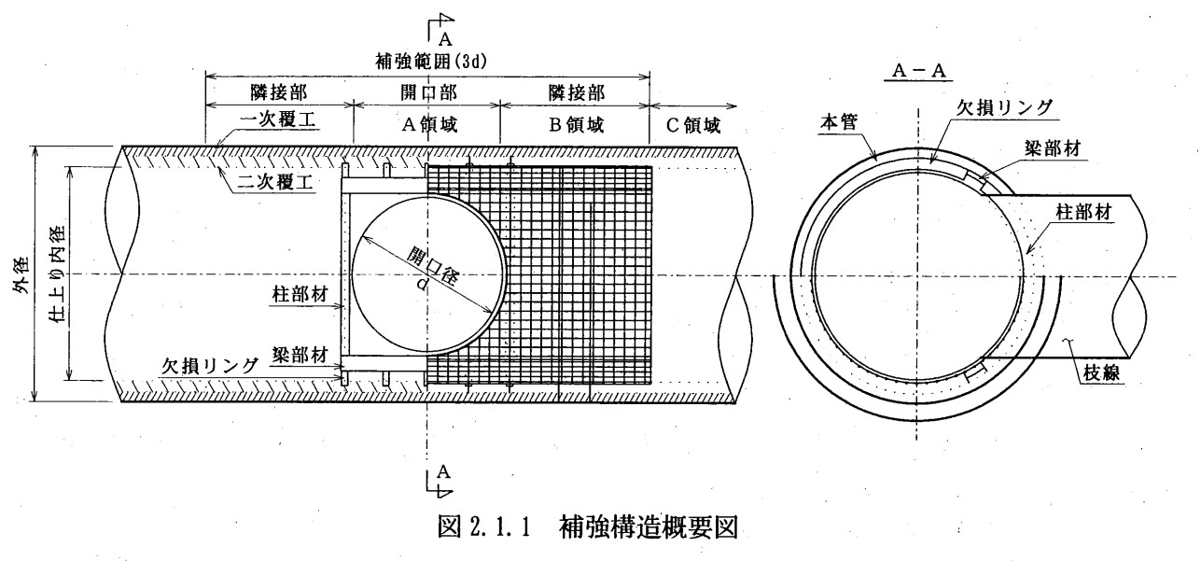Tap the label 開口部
pos(426,93)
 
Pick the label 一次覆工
pos(278,123)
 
